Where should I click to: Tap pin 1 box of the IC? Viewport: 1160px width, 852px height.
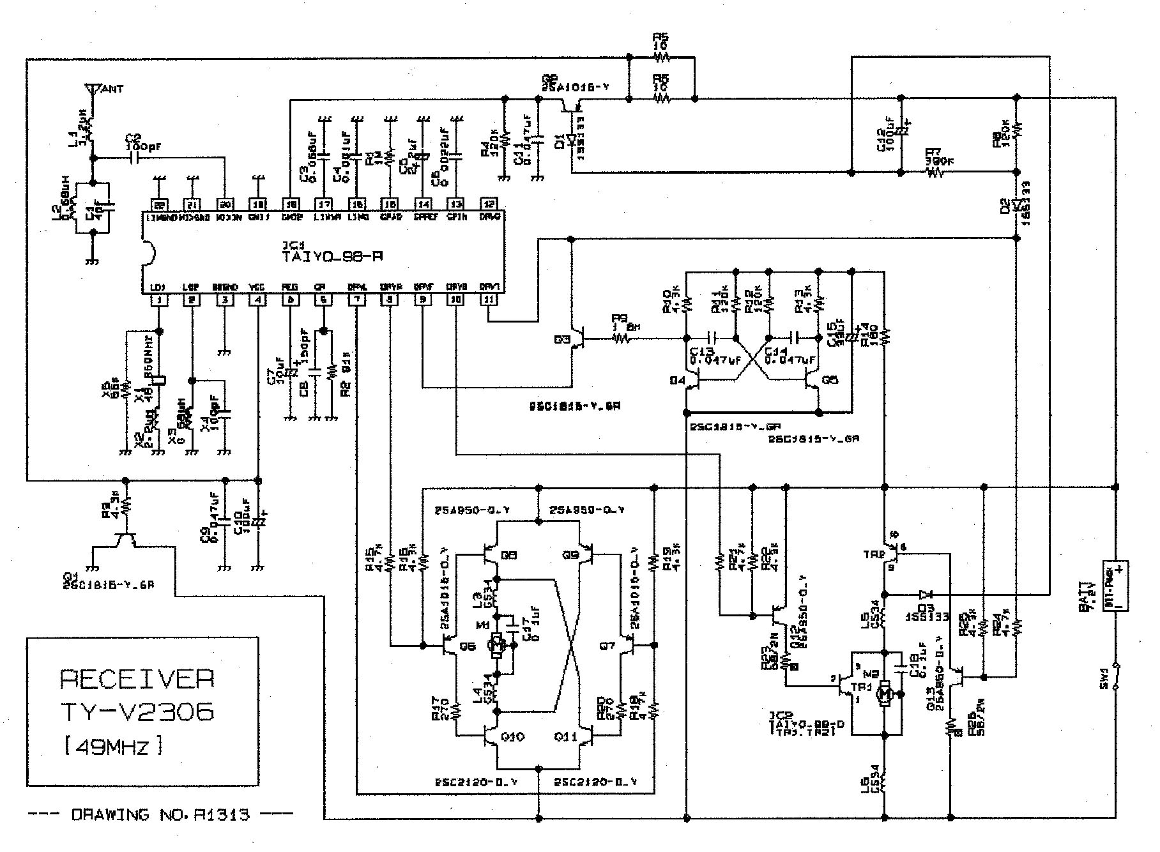[158, 300]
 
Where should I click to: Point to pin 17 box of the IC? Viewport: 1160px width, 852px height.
[324, 204]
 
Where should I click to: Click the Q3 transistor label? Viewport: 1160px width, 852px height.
[562, 340]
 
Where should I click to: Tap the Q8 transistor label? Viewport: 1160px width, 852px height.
[509, 556]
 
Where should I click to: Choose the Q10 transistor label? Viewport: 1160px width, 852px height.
[513, 737]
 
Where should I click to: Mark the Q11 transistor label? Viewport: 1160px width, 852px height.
[565, 737]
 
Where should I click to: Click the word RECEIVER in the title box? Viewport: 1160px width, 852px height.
[137, 679]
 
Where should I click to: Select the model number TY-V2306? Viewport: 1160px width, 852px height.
[137, 711]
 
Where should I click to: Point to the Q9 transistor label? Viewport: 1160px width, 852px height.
[570, 556]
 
